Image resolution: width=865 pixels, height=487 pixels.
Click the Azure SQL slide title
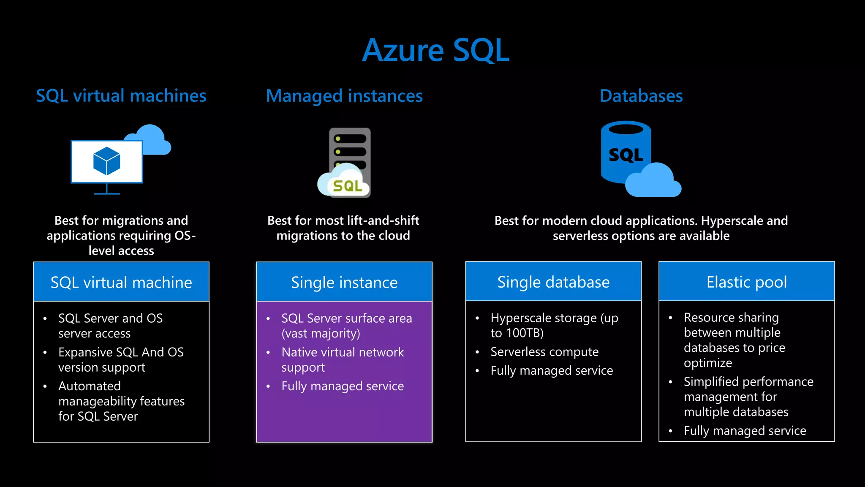point(435,50)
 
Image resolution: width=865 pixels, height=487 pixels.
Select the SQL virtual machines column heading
point(121,96)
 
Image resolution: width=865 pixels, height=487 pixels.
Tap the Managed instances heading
point(344,96)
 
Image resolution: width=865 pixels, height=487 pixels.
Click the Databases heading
point(641,96)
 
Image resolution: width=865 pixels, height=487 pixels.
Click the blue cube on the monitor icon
point(106,161)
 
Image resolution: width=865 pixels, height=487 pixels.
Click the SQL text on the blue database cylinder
point(626,155)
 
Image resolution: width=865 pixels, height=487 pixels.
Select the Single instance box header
point(344,282)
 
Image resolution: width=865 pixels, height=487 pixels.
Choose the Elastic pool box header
point(746,282)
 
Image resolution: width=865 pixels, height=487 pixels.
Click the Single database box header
point(553,282)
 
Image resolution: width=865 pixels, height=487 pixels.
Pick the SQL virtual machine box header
point(121,282)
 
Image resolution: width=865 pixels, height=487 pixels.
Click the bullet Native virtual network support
point(342,359)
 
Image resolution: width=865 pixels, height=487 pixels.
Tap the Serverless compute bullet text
point(544,351)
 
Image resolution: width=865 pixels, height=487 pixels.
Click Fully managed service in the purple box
point(343,386)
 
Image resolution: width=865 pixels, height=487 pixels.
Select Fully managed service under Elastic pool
point(745,430)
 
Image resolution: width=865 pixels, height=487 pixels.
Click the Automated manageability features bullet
point(121,401)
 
